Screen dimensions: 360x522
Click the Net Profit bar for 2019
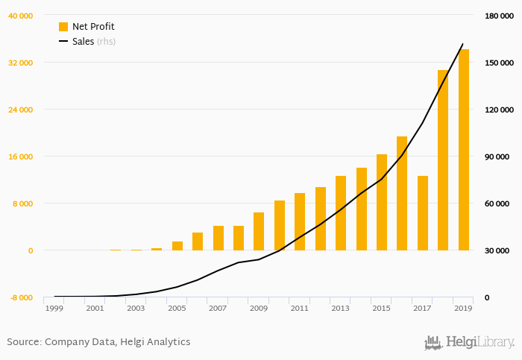[x=464, y=149]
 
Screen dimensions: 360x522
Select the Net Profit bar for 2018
[x=443, y=160]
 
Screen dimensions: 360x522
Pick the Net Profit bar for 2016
[x=402, y=193]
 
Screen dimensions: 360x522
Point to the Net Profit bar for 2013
[x=341, y=213]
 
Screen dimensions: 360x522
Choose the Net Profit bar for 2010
[x=280, y=225]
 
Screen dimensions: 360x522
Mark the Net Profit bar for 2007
[x=218, y=238]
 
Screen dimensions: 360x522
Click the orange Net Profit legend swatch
[x=63, y=27]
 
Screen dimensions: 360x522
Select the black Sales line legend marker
[x=63, y=42]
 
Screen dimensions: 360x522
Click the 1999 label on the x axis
[x=54, y=308]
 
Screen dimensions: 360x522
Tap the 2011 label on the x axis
[x=300, y=308]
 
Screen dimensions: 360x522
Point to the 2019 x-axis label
[x=463, y=308]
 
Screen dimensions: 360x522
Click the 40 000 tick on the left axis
[x=20, y=16]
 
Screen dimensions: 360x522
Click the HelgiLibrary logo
[x=469, y=343]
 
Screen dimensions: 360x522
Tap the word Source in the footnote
[x=23, y=342]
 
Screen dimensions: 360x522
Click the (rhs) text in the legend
[x=106, y=42]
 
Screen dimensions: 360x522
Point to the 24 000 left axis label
[x=20, y=110]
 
